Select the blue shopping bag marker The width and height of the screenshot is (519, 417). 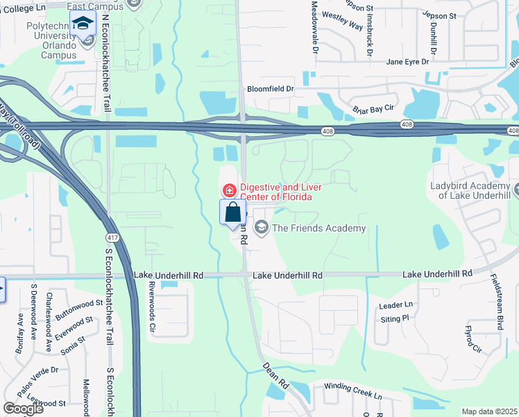[x=233, y=213]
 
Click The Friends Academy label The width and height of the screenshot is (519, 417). [x=318, y=228]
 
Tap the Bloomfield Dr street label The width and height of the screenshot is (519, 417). [x=271, y=89]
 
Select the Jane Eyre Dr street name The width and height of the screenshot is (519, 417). [x=408, y=62]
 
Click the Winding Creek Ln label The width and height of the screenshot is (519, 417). [x=353, y=395]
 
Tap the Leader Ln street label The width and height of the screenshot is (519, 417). [x=395, y=304]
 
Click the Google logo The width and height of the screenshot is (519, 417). [x=24, y=408]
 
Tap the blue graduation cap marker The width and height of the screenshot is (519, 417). [x=83, y=24]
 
